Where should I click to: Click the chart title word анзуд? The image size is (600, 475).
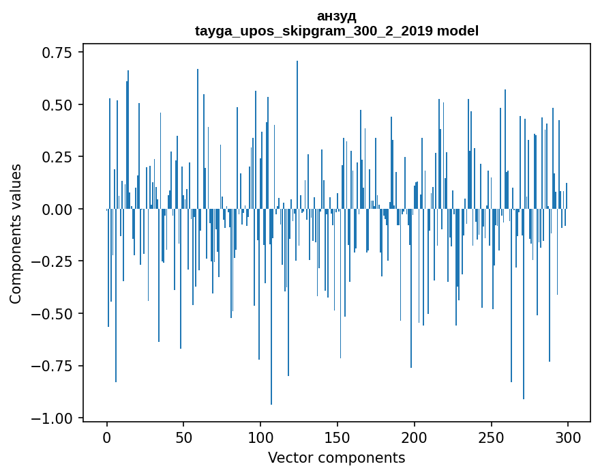click(336, 16)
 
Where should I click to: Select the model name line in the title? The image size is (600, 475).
click(336, 31)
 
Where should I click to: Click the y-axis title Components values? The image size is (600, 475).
click(16, 233)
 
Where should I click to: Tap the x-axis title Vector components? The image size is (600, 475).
click(336, 457)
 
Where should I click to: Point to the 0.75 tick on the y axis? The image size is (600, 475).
click(57, 53)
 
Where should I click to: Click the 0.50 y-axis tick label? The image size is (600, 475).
click(57, 105)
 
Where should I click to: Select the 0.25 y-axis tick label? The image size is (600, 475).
click(57, 157)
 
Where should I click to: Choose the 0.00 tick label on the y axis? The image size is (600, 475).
click(57, 210)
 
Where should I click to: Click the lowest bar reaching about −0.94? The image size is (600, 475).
click(271, 341)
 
